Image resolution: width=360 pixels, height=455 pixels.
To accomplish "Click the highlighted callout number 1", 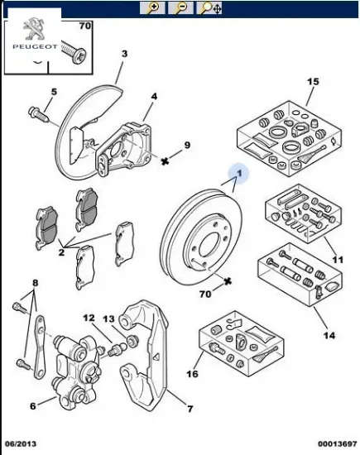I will tap(240, 173).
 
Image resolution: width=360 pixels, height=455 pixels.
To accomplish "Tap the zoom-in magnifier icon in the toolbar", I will tap(153, 8).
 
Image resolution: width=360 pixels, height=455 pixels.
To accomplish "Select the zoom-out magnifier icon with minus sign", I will tap(182, 8).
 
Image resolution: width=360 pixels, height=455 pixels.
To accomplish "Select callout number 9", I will tap(187, 146).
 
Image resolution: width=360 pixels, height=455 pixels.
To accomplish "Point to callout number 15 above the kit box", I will tap(313, 81).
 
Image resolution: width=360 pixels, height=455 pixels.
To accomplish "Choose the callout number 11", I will tap(336, 261).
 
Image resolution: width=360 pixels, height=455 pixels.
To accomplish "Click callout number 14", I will tap(329, 336).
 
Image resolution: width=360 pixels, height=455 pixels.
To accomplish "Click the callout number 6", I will tap(32, 405).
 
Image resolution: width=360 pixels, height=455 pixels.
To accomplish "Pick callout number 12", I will tap(89, 318).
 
